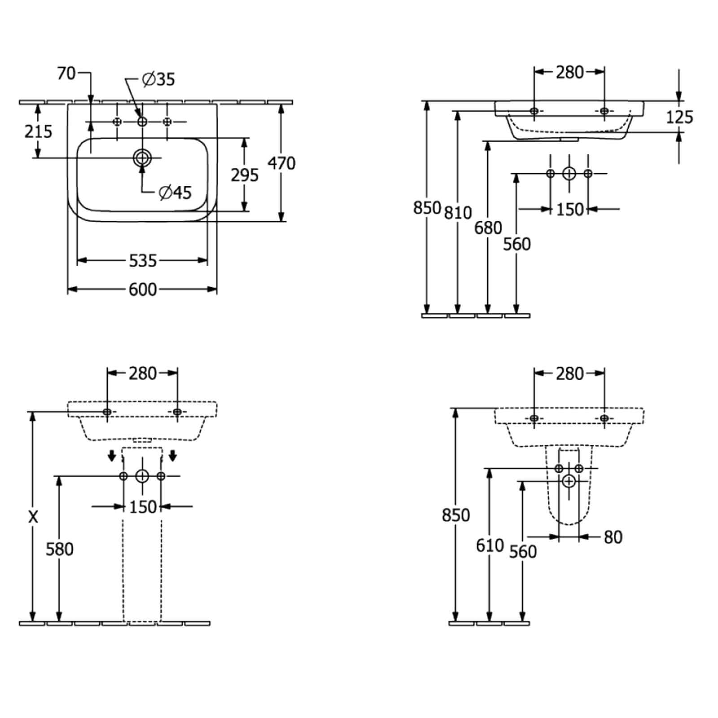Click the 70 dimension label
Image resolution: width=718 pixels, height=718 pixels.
66,73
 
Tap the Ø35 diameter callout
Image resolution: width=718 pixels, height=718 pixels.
158,79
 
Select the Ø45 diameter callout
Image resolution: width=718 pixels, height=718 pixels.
175,193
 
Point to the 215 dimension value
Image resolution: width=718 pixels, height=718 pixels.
39,131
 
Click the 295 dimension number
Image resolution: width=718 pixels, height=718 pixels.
245,175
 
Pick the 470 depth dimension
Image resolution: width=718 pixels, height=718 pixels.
281,163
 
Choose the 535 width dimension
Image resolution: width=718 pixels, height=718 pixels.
143,260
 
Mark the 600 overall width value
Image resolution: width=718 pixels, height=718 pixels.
143,289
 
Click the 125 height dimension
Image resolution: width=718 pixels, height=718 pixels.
679,117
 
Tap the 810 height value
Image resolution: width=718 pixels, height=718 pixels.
458,212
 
